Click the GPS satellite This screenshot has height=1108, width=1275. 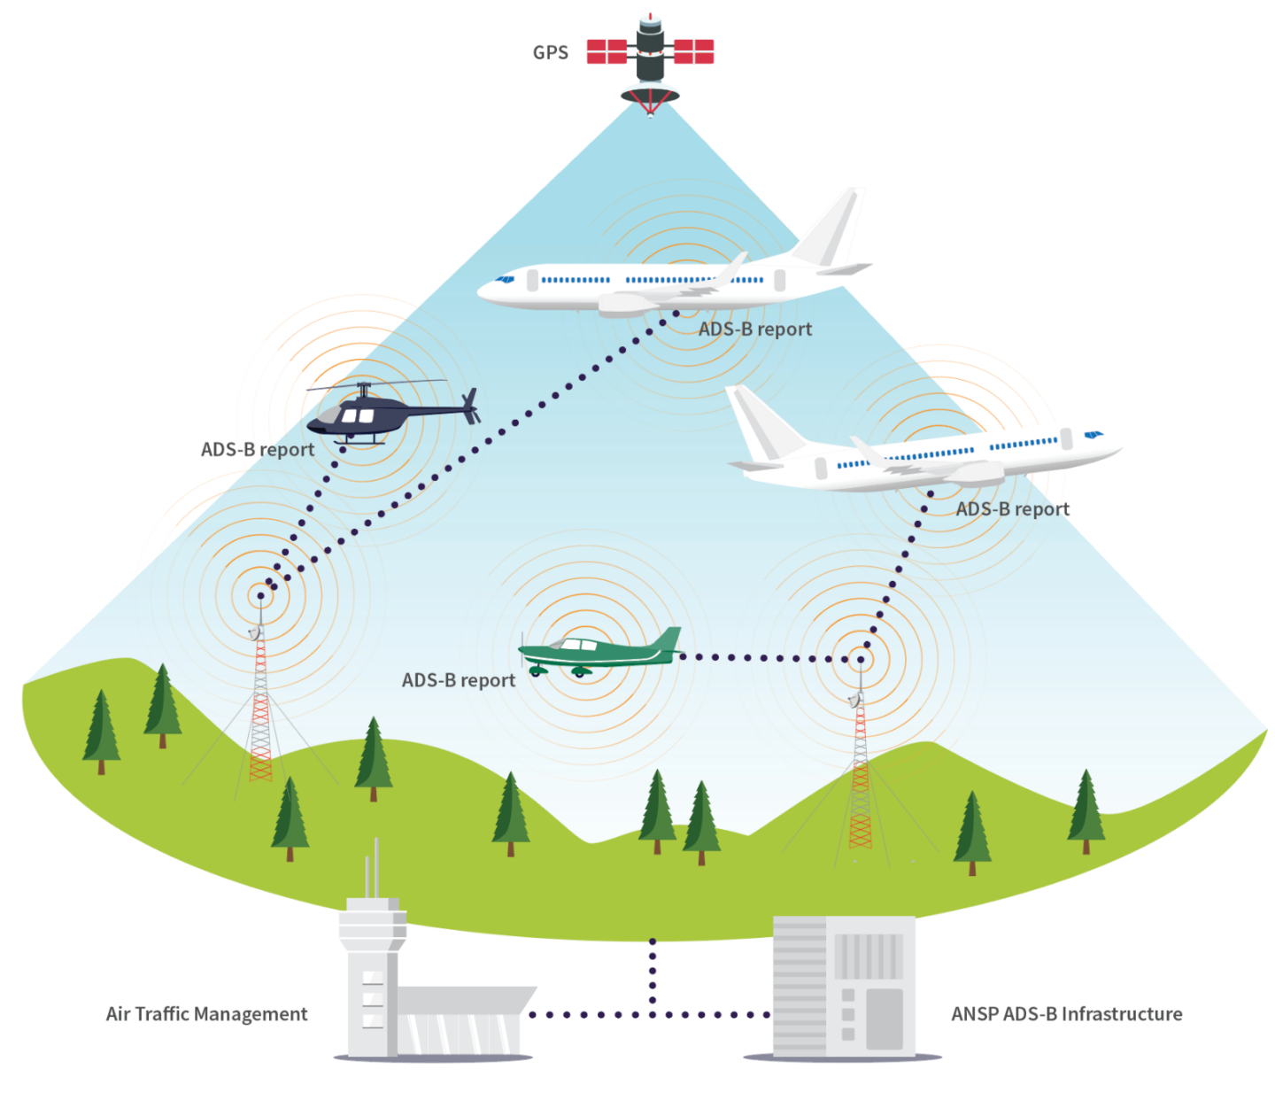pos(650,58)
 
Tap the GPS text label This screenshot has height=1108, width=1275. pos(550,53)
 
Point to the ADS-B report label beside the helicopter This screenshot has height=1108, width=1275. pos(257,450)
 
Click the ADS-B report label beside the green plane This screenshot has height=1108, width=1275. pos(458,680)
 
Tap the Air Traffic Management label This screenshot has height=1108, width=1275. pos(206,1014)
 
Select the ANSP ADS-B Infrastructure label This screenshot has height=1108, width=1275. pos(1066,1014)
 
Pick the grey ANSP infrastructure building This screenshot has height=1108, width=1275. pos(843,986)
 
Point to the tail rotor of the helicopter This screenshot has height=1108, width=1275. pos(471,405)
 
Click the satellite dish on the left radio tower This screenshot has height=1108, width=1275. pos(255,632)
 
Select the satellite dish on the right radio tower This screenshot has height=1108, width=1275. pos(854,701)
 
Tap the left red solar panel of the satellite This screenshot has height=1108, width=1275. pos(607,51)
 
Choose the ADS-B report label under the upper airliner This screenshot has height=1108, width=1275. pos(754,329)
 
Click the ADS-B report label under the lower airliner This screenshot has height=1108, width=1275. pos(1012,509)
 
